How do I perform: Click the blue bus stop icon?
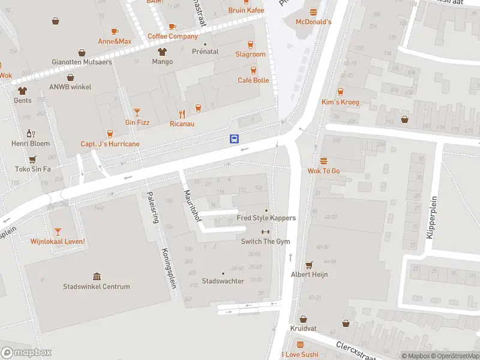tap(234, 139)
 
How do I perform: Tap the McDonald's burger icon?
tap(313, 12)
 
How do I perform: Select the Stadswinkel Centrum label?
tap(97, 286)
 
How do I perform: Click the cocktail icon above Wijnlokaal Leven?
tap(58, 231)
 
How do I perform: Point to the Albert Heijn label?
tap(309, 274)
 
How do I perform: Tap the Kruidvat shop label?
tap(303, 329)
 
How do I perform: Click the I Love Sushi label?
tap(300, 354)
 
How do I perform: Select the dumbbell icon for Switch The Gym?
tap(265, 232)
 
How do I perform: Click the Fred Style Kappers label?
tap(266, 218)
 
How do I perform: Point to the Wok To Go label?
tap(323, 171)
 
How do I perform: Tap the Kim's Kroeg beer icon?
tap(340, 92)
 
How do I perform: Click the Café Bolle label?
tap(253, 80)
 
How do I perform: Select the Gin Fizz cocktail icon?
tap(137, 112)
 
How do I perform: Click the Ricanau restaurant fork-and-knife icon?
tap(182, 113)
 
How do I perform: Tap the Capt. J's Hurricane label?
tap(110, 144)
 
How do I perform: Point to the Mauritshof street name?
tap(192, 205)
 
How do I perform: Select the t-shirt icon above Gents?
tap(23, 91)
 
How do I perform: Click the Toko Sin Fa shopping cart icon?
tap(32, 159)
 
